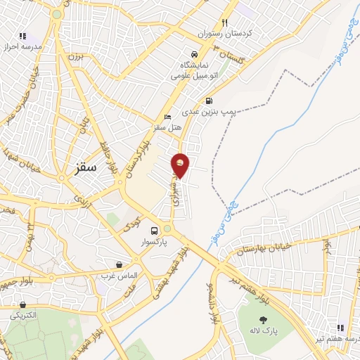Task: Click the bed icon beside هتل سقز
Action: point(167,117)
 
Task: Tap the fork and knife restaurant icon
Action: point(225,23)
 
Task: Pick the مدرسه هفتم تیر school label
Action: point(340,340)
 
